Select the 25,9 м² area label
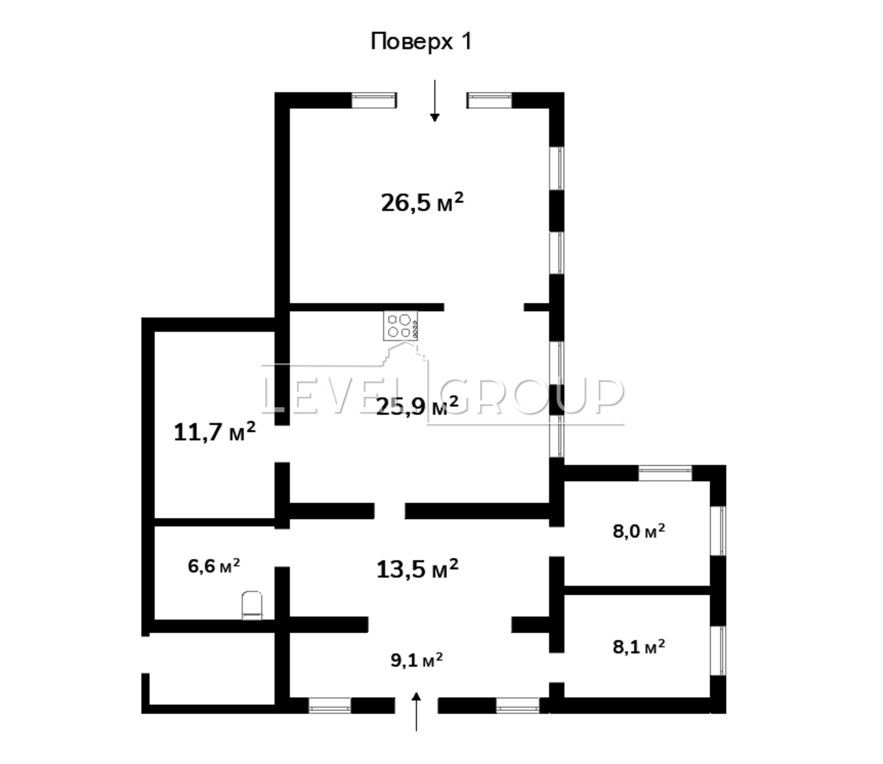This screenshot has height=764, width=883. tap(417, 407)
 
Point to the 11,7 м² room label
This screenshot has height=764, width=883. tap(215, 432)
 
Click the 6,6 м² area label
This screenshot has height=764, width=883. tap(214, 566)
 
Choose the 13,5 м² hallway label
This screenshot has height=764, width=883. tap(417, 569)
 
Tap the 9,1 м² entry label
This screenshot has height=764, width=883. tap(417, 660)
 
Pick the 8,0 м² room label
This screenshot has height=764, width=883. tap(639, 531)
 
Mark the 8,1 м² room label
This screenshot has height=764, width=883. tap(639, 646)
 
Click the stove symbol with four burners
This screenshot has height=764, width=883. tap(401, 326)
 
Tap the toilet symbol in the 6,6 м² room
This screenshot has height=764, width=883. tap(252, 605)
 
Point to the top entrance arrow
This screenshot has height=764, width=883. tap(435, 100)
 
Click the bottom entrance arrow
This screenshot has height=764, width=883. tap(417, 712)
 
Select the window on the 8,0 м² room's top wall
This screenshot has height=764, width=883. tap(665, 473)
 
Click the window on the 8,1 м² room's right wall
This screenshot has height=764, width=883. tap(718, 651)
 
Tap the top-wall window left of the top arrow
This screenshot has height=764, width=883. tap(374, 100)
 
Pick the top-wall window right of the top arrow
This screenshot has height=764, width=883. tap(490, 100)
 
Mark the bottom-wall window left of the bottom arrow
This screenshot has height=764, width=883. tap(329, 706)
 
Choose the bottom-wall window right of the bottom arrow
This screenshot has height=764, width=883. tap(517, 706)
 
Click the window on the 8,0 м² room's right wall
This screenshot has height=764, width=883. tap(718, 531)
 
